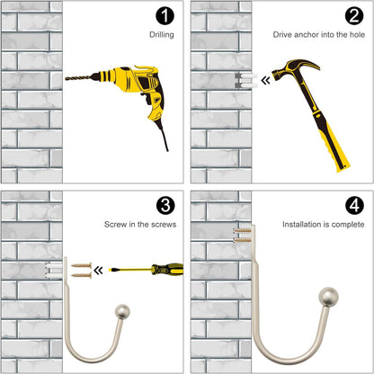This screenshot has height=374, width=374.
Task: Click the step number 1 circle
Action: (165, 16)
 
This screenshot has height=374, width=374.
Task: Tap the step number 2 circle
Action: (354, 16)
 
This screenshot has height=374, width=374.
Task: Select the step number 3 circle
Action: (165, 206)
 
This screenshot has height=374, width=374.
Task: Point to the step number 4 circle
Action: (354, 206)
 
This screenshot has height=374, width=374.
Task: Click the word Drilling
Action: (162, 35)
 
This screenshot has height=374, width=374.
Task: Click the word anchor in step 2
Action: (306, 35)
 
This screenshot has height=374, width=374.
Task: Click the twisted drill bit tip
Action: (67, 78)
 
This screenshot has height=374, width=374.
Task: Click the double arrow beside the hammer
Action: (265, 80)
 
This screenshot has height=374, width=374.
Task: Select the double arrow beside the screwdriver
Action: (98, 271)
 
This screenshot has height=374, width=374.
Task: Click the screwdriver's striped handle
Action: (167, 269)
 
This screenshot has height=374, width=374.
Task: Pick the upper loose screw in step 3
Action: (81, 265)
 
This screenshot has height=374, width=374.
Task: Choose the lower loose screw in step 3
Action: (81, 275)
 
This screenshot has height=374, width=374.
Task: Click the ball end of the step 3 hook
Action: (123, 312)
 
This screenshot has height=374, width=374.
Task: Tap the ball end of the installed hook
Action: (329, 297)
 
